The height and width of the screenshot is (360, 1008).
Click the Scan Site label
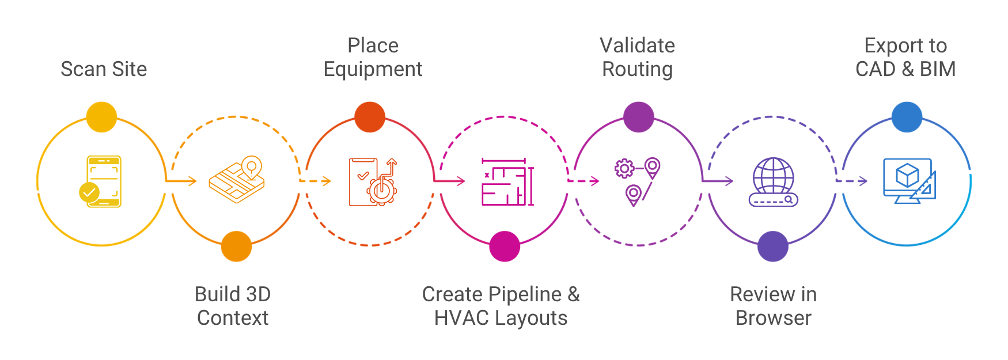tap(104, 69)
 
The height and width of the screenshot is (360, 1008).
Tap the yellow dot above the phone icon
tap(101, 117)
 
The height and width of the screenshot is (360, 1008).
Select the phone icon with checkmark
tap(103, 181)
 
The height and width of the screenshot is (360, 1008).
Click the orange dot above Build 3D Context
tap(236, 247)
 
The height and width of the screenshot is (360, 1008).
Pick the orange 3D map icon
tap(237, 180)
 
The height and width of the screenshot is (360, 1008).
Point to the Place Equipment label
tap(373, 57)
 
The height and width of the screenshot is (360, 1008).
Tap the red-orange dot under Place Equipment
tap(370, 117)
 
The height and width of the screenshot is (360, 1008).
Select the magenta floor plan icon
tap(507, 182)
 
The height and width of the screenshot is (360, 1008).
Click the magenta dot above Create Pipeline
tap(505, 247)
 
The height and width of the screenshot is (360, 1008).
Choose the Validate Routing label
tap(637, 57)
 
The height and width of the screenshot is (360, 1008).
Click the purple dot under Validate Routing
tap(638, 117)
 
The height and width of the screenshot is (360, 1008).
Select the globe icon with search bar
tap(773, 182)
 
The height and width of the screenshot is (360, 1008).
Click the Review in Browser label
tap(773, 306)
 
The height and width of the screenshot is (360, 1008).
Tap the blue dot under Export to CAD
tap(907, 117)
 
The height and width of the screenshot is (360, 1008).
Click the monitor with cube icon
tap(909, 181)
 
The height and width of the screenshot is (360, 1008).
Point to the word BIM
tap(938, 69)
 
